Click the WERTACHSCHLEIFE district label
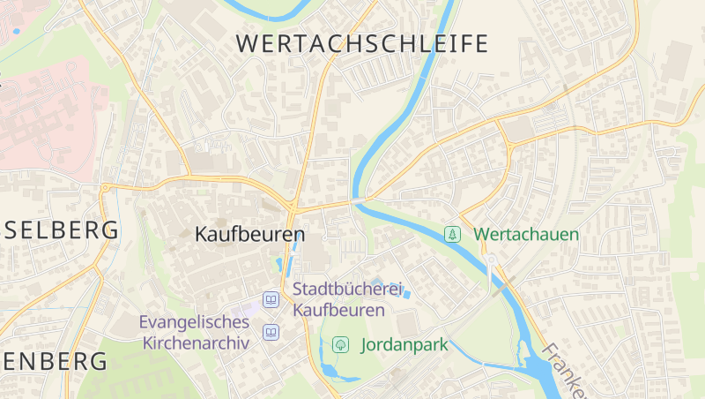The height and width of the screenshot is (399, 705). click(362, 43)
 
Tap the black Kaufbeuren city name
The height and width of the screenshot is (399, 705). click(249, 235)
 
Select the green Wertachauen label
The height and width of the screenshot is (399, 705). click(526, 235)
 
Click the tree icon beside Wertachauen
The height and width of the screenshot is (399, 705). click(452, 234)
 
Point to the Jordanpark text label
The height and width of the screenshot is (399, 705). click(405, 345)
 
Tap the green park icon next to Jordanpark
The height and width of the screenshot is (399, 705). click(339, 344)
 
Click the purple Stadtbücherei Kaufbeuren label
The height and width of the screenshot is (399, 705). click(346, 299)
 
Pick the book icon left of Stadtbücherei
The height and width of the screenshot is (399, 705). click(271, 300)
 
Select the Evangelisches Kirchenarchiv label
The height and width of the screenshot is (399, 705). click(195, 331)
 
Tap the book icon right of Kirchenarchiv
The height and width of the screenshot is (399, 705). click(271, 333)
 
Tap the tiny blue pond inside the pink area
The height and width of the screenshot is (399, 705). click(16, 32)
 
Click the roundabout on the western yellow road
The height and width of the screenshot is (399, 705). click(107, 187)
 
